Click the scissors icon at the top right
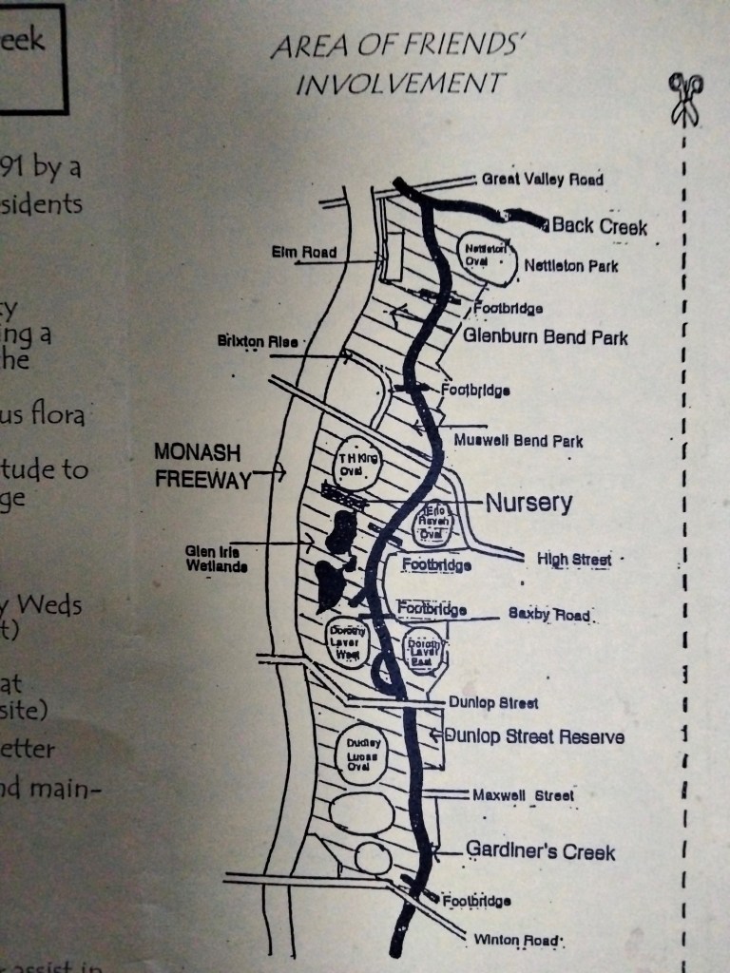point(684,98)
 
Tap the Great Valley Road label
point(542,179)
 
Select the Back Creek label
point(599,226)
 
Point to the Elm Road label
point(303,252)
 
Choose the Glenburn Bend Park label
point(546,337)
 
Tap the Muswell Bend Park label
point(518,441)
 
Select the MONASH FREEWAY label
point(202,466)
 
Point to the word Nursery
point(528,503)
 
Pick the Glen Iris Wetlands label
point(217,560)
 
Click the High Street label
point(574,559)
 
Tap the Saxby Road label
point(548,614)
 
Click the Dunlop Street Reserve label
point(534,735)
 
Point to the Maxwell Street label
point(524,795)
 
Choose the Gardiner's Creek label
point(540,851)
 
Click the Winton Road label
point(518,940)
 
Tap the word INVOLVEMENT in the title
point(399,84)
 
